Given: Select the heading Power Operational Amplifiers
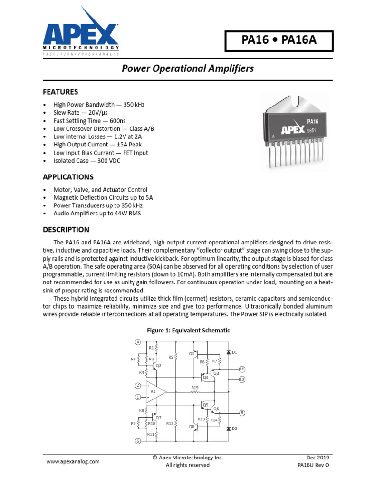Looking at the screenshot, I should [188, 68].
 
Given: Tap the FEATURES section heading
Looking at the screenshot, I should [60, 92].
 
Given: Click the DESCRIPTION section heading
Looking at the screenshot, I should [66, 230].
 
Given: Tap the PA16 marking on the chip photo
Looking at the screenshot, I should [312, 122].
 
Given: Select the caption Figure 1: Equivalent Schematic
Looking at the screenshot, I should [189, 331].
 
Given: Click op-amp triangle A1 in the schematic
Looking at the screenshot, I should [155, 391].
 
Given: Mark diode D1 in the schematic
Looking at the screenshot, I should [229, 352].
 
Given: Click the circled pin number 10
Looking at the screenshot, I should [242, 369].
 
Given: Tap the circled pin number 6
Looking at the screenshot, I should [138, 441].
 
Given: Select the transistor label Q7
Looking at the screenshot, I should [159, 417].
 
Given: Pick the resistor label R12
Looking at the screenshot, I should [170, 423].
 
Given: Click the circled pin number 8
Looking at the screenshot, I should [242, 413].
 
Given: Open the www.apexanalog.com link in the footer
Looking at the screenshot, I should [73, 461].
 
